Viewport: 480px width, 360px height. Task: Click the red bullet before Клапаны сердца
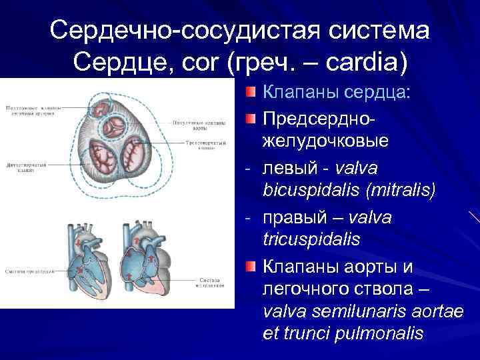(x=249, y=91)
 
